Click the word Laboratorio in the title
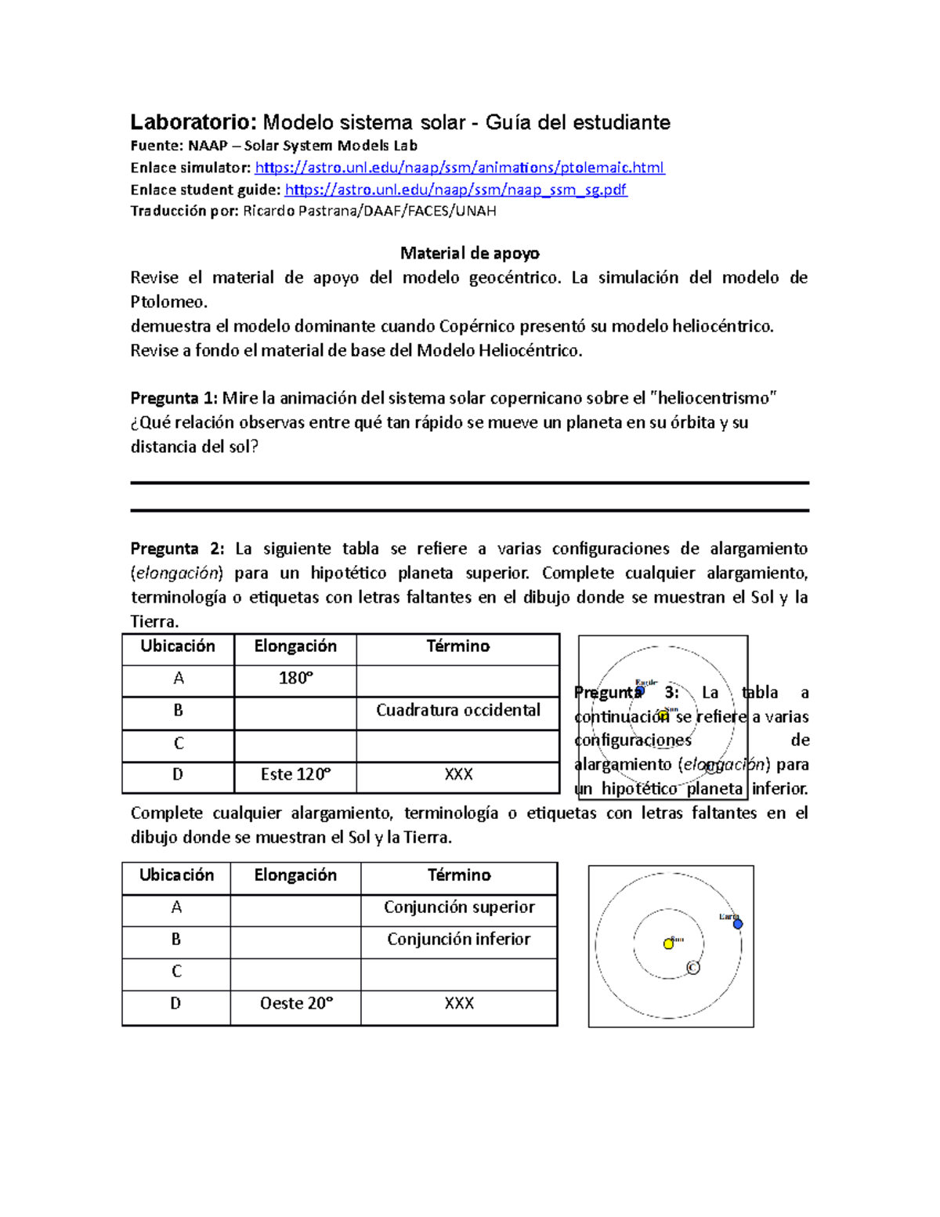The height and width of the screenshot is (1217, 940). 193,122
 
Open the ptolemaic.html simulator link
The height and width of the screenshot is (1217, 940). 460,168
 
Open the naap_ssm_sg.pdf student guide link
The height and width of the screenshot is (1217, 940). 456,190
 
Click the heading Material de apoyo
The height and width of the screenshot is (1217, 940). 469,253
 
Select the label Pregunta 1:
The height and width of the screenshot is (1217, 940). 174,398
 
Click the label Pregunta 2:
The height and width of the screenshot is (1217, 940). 177,549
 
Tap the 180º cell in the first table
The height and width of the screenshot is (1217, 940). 295,679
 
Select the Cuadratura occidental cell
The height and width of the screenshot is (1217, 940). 458,711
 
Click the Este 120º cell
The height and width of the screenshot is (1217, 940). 295,775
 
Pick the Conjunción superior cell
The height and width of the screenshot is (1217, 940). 459,907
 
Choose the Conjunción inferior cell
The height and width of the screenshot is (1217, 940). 459,940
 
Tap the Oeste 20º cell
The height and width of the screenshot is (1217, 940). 296,1004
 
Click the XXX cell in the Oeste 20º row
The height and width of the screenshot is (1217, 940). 459,1004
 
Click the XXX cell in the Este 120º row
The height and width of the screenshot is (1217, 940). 458,775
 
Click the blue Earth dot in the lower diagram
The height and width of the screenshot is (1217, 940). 737,925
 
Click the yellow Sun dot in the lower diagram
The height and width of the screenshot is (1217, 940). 668,944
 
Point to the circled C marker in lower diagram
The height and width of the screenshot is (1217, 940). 692,969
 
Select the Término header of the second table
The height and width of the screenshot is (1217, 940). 459,875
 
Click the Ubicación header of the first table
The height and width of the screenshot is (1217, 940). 178,647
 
